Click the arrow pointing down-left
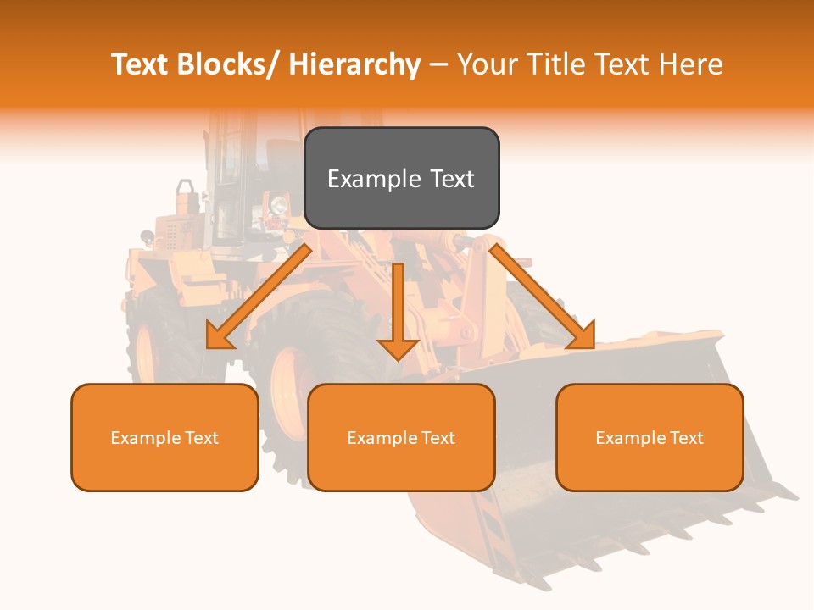[259, 297]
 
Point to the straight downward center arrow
[398, 310]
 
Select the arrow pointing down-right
[543, 297]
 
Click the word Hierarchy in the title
[354, 64]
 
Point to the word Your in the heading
[486, 64]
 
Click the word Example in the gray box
[374, 180]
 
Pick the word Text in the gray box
[452, 179]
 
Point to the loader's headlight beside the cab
[276, 205]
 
